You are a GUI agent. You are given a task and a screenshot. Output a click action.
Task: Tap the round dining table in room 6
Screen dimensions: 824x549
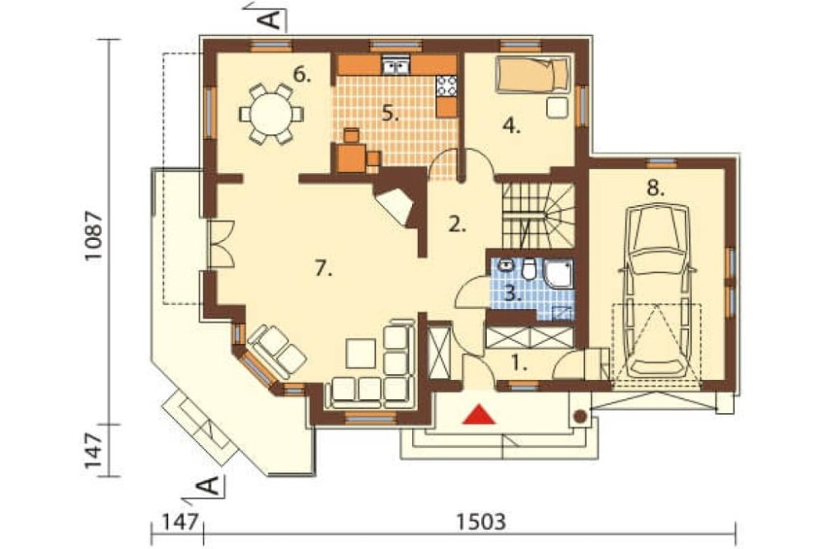[x=271, y=114]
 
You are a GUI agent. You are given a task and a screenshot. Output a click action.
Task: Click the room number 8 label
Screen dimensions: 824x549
[x=655, y=188]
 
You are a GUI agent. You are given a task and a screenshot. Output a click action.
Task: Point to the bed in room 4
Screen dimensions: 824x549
[x=533, y=74]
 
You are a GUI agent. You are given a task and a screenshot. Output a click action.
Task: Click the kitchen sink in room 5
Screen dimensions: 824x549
[x=396, y=65]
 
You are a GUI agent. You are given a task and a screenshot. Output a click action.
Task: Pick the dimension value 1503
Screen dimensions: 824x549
[x=481, y=522]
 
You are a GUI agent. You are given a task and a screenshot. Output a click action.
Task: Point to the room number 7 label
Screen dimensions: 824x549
[x=324, y=270]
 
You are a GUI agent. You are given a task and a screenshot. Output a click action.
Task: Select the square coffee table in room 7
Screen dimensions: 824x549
[x=361, y=354]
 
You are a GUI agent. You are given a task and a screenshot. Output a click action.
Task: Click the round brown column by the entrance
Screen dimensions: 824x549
[x=579, y=416]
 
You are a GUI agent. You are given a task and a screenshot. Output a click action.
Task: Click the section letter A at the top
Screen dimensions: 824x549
[x=269, y=20]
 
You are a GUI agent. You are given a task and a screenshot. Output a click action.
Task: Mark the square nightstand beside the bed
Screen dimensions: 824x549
[x=557, y=108]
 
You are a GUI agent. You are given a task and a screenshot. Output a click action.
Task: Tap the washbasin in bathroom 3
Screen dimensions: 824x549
[x=506, y=265]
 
